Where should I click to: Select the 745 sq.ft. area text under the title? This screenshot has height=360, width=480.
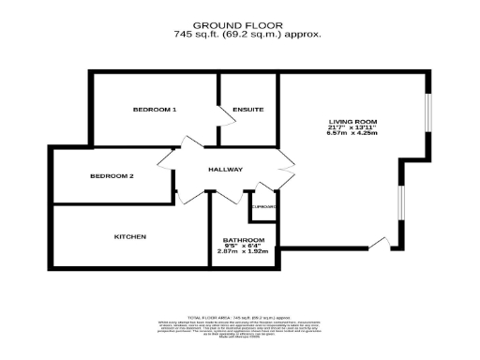point(247,35)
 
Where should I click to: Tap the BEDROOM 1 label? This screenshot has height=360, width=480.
point(155,111)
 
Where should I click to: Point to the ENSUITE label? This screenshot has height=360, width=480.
point(247,111)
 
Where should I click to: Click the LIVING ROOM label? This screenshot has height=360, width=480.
point(352,123)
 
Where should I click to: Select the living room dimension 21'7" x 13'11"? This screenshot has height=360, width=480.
point(352,128)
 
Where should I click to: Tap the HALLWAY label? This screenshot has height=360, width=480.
point(225,170)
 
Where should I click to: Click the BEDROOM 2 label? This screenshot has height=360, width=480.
point(112,176)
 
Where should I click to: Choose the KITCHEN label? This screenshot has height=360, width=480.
point(129,236)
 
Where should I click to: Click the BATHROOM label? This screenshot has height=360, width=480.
point(243,240)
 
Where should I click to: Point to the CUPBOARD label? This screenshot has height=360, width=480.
point(262,205)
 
